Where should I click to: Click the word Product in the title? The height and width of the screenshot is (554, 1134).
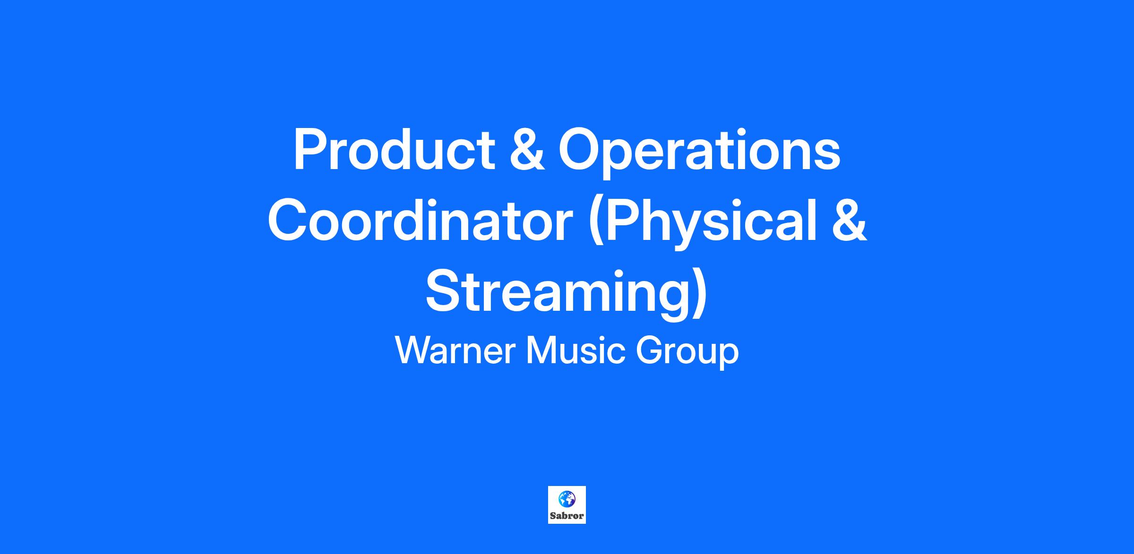tap(394, 149)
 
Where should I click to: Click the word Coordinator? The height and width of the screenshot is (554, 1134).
tap(421, 221)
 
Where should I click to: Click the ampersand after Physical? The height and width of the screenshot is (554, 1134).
tap(849, 221)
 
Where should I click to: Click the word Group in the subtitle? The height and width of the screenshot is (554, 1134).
tap(687, 354)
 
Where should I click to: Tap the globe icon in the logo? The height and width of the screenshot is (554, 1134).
tap(567, 499)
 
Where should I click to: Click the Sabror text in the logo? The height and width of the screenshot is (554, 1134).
tap(567, 516)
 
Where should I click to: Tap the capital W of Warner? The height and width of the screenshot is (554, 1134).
tap(414, 350)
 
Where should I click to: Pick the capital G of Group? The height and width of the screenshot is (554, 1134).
tap(649, 350)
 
